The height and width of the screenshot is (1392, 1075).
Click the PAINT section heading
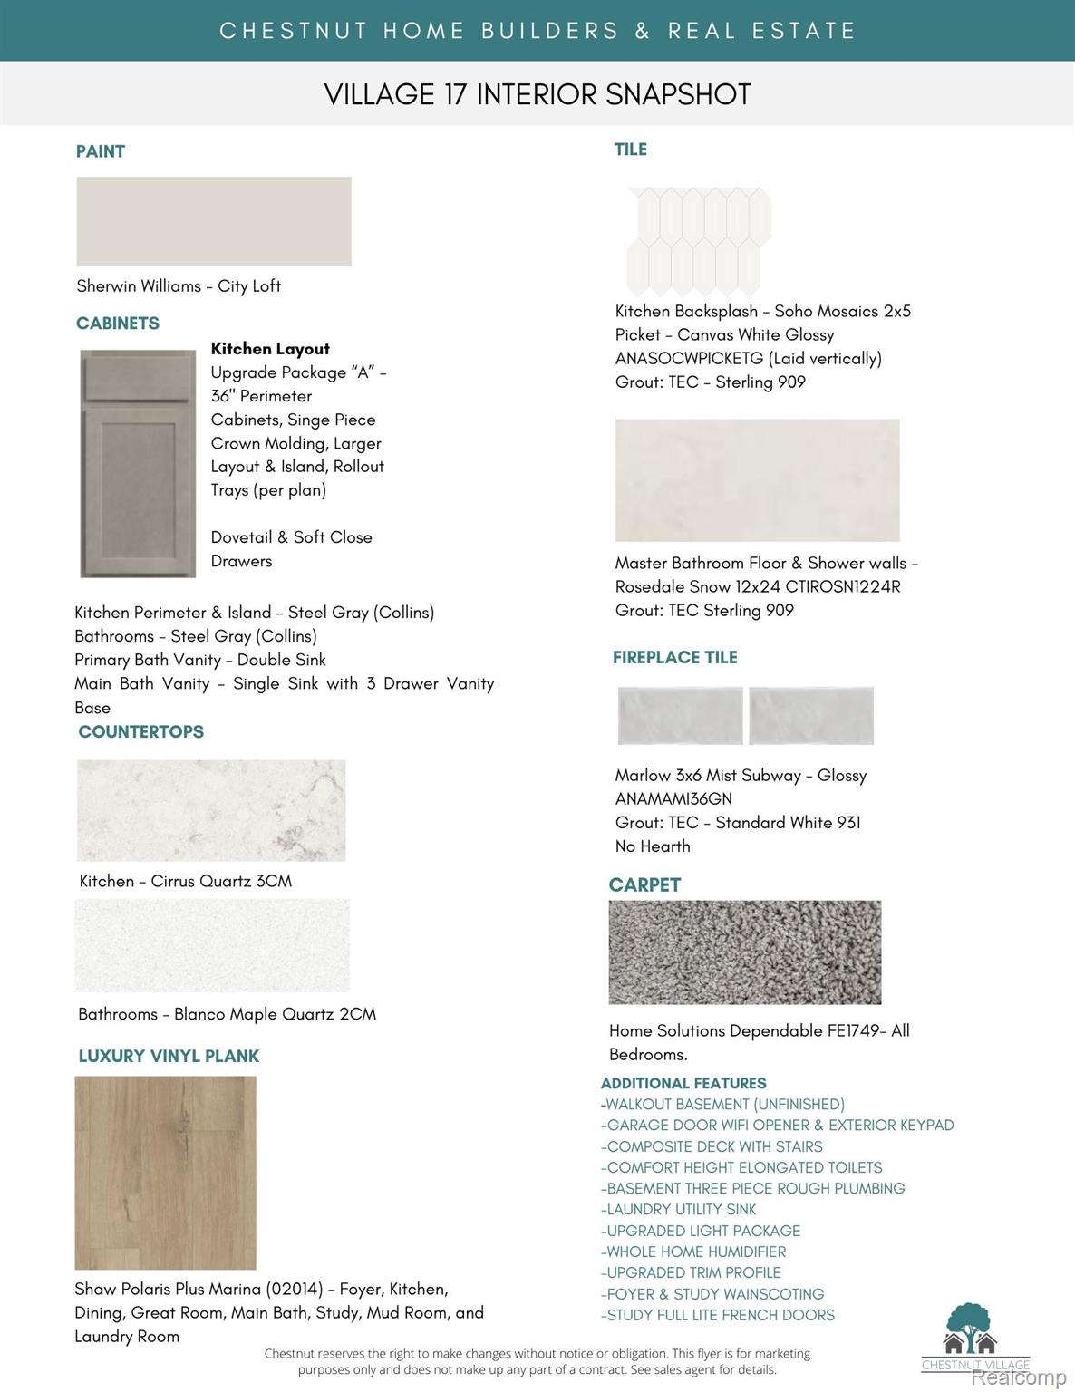[101, 151]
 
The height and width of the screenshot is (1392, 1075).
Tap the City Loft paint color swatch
[214, 221]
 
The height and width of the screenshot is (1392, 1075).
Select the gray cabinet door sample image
[138, 463]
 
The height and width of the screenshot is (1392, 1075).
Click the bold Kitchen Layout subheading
[270, 349]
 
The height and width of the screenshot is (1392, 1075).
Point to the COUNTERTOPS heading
[141, 731]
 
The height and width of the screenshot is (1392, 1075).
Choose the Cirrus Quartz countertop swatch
[211, 810]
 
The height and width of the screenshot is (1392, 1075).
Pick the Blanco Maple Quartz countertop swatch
[212, 945]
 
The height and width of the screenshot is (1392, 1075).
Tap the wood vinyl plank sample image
[165, 1172]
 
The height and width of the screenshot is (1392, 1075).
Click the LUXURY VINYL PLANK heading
[169, 1056]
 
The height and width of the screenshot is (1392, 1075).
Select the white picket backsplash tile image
[699, 240]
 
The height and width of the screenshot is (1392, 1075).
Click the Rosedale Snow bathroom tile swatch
[757, 480]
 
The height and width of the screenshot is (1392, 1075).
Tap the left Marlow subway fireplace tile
[680, 715]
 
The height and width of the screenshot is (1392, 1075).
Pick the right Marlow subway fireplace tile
[811, 715]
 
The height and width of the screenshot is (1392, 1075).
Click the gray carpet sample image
[745, 952]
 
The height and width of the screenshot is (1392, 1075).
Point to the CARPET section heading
[644, 884]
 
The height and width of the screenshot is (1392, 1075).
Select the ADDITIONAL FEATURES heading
[683, 1083]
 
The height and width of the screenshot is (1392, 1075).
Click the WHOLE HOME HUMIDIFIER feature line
[693, 1252]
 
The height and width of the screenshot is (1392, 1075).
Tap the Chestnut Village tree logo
[970, 1329]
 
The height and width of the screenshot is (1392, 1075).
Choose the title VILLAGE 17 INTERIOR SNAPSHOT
[537, 94]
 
